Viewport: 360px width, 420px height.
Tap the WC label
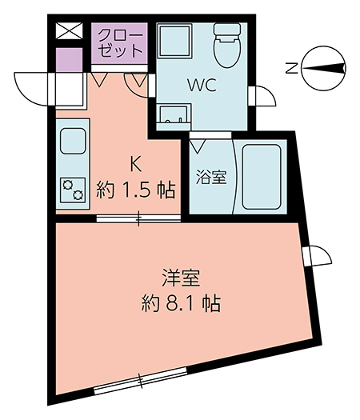coord(202,86)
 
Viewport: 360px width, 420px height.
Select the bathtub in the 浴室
coord(262,177)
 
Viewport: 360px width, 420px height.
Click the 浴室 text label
coord(211,177)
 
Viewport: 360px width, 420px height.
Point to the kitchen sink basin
coord(73,141)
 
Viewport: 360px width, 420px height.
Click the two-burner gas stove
coord(73,190)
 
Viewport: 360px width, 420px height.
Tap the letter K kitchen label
coord(136,164)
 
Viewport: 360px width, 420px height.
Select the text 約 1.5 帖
coord(136,190)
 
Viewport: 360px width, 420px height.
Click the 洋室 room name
coord(181,278)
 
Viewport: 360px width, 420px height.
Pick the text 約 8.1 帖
coord(181,303)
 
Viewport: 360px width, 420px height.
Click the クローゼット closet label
coord(120,43)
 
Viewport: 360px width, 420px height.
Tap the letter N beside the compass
coord(291,68)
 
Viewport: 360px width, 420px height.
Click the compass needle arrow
coord(323,68)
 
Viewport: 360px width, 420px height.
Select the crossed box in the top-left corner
coord(69,30)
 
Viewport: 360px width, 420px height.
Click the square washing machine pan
coord(174,41)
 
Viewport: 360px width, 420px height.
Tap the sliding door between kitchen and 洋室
coord(138,218)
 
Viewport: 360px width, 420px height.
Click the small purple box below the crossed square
coord(69,60)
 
